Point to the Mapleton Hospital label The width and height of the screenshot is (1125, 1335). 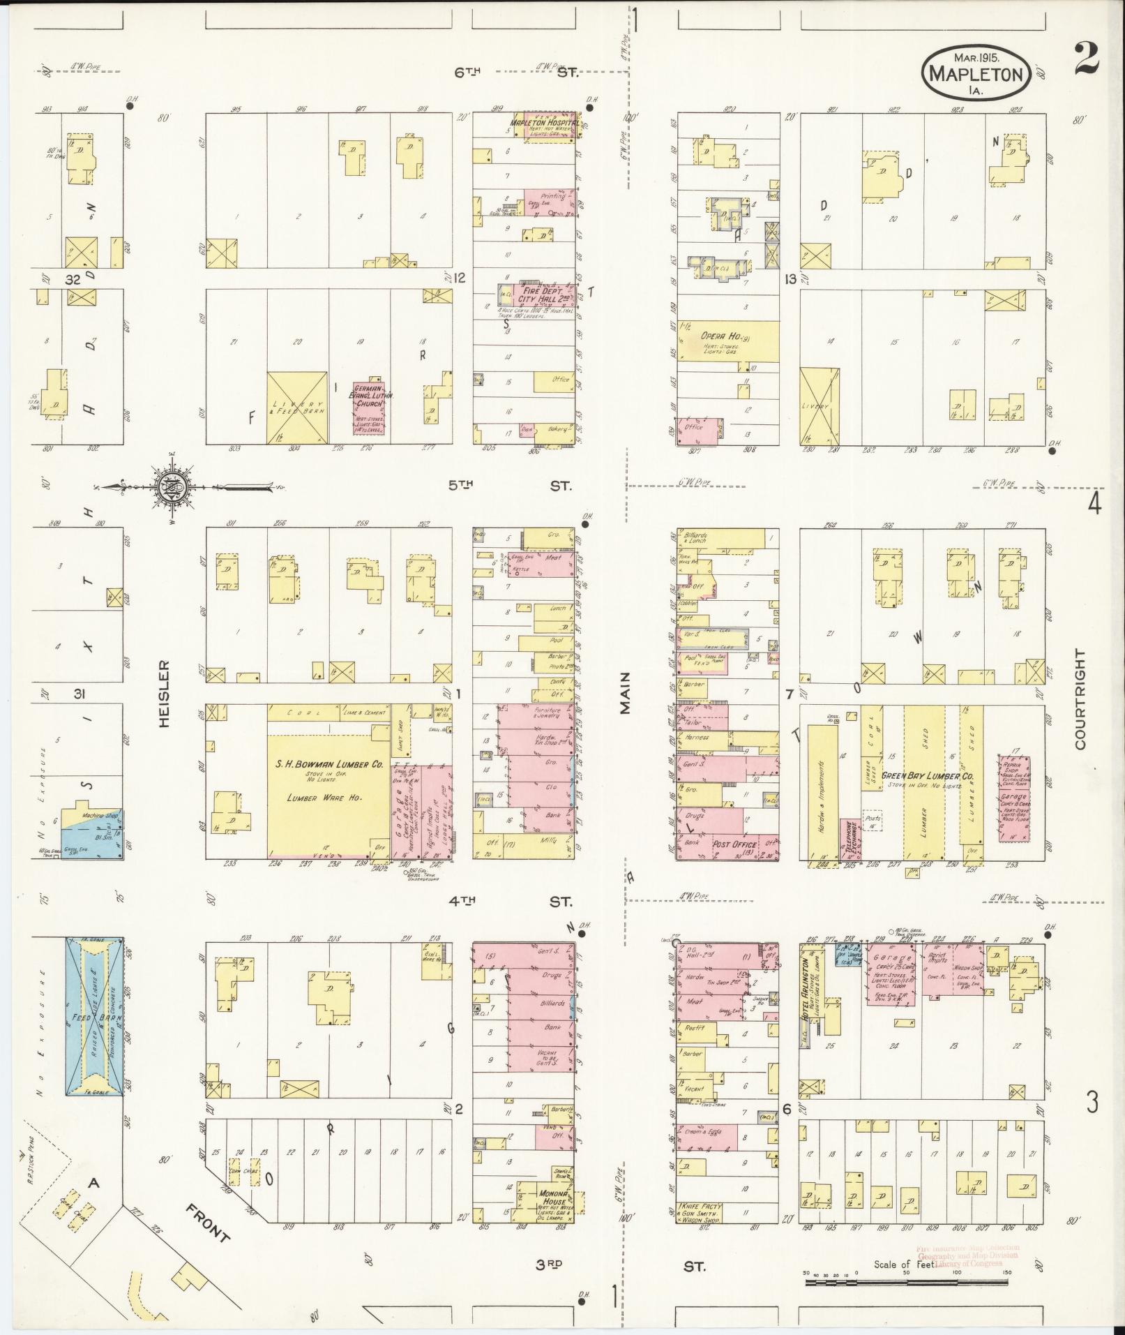tap(543, 123)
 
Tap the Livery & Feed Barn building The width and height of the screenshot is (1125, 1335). tap(296, 408)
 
